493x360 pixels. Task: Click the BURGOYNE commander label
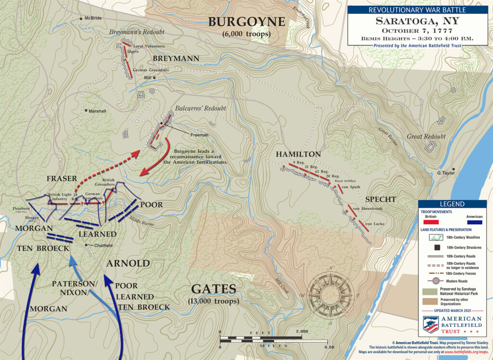click(x=246, y=22)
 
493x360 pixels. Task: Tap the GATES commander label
click(x=213, y=289)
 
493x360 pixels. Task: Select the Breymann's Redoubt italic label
click(x=136, y=32)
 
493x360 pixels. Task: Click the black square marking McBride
click(x=80, y=18)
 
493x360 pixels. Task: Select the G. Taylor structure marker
click(x=454, y=169)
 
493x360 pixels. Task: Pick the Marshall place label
click(x=98, y=111)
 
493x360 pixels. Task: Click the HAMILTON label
click(x=298, y=154)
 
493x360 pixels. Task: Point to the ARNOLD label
click(x=128, y=263)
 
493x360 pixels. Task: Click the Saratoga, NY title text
click(x=417, y=22)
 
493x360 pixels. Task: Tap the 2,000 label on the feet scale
click(x=302, y=332)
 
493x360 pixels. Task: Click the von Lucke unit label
click(x=374, y=224)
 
